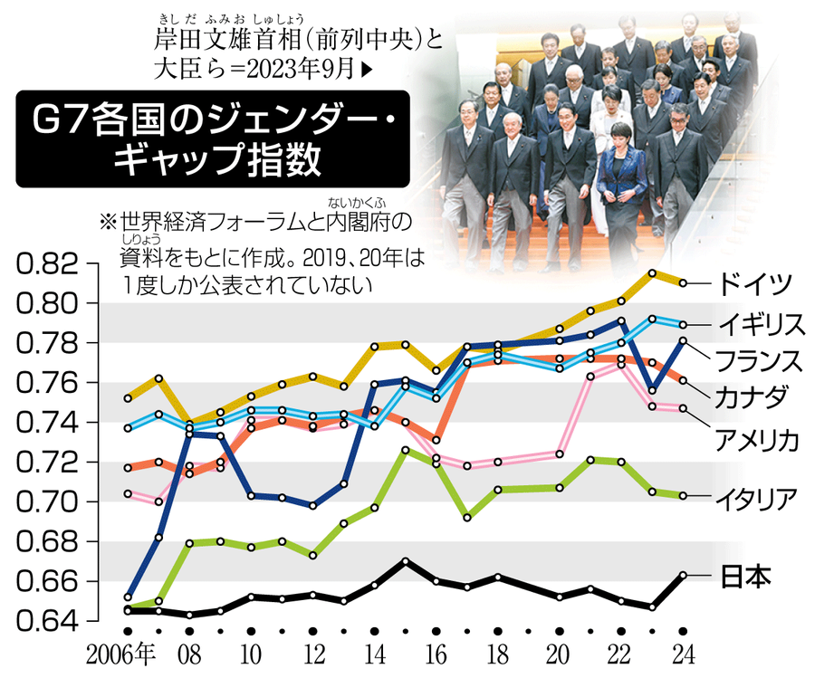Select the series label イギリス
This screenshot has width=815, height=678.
click(x=761, y=324)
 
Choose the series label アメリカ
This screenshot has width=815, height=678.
click(x=757, y=441)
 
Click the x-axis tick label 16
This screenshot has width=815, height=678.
click(x=436, y=655)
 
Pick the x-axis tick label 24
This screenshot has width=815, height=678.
click(x=683, y=655)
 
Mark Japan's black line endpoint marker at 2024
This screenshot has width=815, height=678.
click(x=683, y=575)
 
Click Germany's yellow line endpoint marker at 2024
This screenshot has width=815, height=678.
click(x=683, y=283)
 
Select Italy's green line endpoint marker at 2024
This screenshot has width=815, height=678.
click(x=683, y=495)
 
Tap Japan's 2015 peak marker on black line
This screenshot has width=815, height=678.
click(x=406, y=561)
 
